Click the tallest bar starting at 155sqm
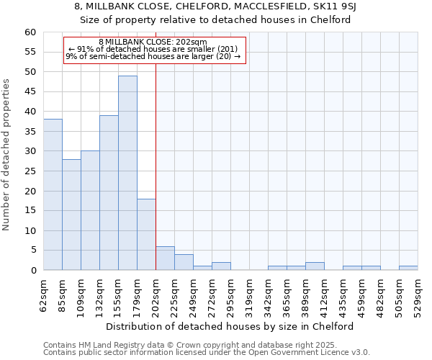[x=127, y=173]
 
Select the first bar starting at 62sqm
[x=53, y=194]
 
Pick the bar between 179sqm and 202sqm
[x=146, y=235]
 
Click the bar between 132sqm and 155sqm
[x=109, y=192]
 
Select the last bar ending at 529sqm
[x=408, y=268]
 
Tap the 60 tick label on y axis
[x=30, y=32]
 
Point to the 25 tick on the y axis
[x=30, y=171]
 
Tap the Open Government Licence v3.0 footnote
[x=206, y=352]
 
